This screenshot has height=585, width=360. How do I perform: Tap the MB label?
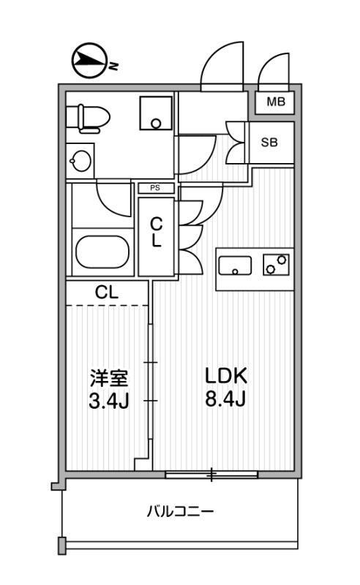[x=276, y=102]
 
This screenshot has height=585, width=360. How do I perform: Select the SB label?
[x=269, y=142]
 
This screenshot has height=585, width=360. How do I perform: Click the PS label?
[x=155, y=188]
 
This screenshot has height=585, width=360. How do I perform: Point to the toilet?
[x=88, y=118]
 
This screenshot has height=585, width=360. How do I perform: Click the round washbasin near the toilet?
[x=80, y=161]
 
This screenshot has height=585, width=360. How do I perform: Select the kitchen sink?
[x=235, y=265]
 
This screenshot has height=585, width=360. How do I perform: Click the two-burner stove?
[x=276, y=265]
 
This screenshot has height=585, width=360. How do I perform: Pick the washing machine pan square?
[x=156, y=113]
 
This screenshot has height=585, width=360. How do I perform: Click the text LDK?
[x=226, y=376]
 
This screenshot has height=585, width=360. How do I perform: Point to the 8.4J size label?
[x=225, y=399]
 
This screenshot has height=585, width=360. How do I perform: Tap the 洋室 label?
[x=109, y=378]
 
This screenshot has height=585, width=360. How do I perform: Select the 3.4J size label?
[x=109, y=401]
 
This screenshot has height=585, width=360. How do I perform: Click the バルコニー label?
[x=181, y=510]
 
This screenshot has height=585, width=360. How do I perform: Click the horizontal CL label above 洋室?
[x=106, y=292]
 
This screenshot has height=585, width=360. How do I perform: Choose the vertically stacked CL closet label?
[x=156, y=233]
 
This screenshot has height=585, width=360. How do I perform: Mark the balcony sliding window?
[x=211, y=475]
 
